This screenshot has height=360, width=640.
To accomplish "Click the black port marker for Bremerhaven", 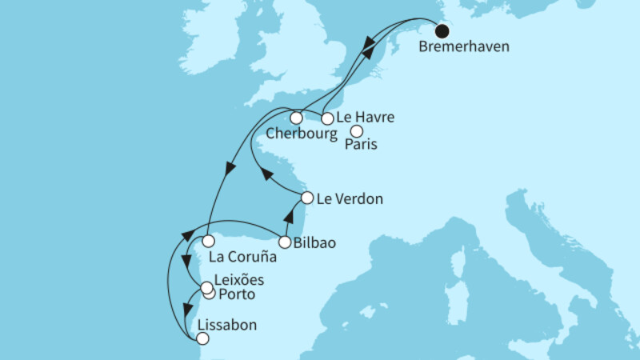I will pyautogui.click(x=442, y=32).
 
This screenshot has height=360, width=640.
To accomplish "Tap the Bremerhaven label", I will pyautogui.click(x=463, y=46).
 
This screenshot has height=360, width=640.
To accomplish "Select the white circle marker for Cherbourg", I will pyautogui.click(x=296, y=118).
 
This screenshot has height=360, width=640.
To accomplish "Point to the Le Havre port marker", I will pyautogui.click(x=326, y=118).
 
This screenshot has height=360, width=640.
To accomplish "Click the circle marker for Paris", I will pyautogui.click(x=357, y=131).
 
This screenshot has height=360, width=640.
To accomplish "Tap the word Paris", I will pyautogui.click(x=362, y=146).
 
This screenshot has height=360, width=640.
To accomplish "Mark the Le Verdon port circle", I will pyautogui.click(x=306, y=197).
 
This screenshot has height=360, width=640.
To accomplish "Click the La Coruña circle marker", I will pyautogui.click(x=207, y=241).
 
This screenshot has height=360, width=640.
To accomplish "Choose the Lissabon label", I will pyautogui.click(x=221, y=326).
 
